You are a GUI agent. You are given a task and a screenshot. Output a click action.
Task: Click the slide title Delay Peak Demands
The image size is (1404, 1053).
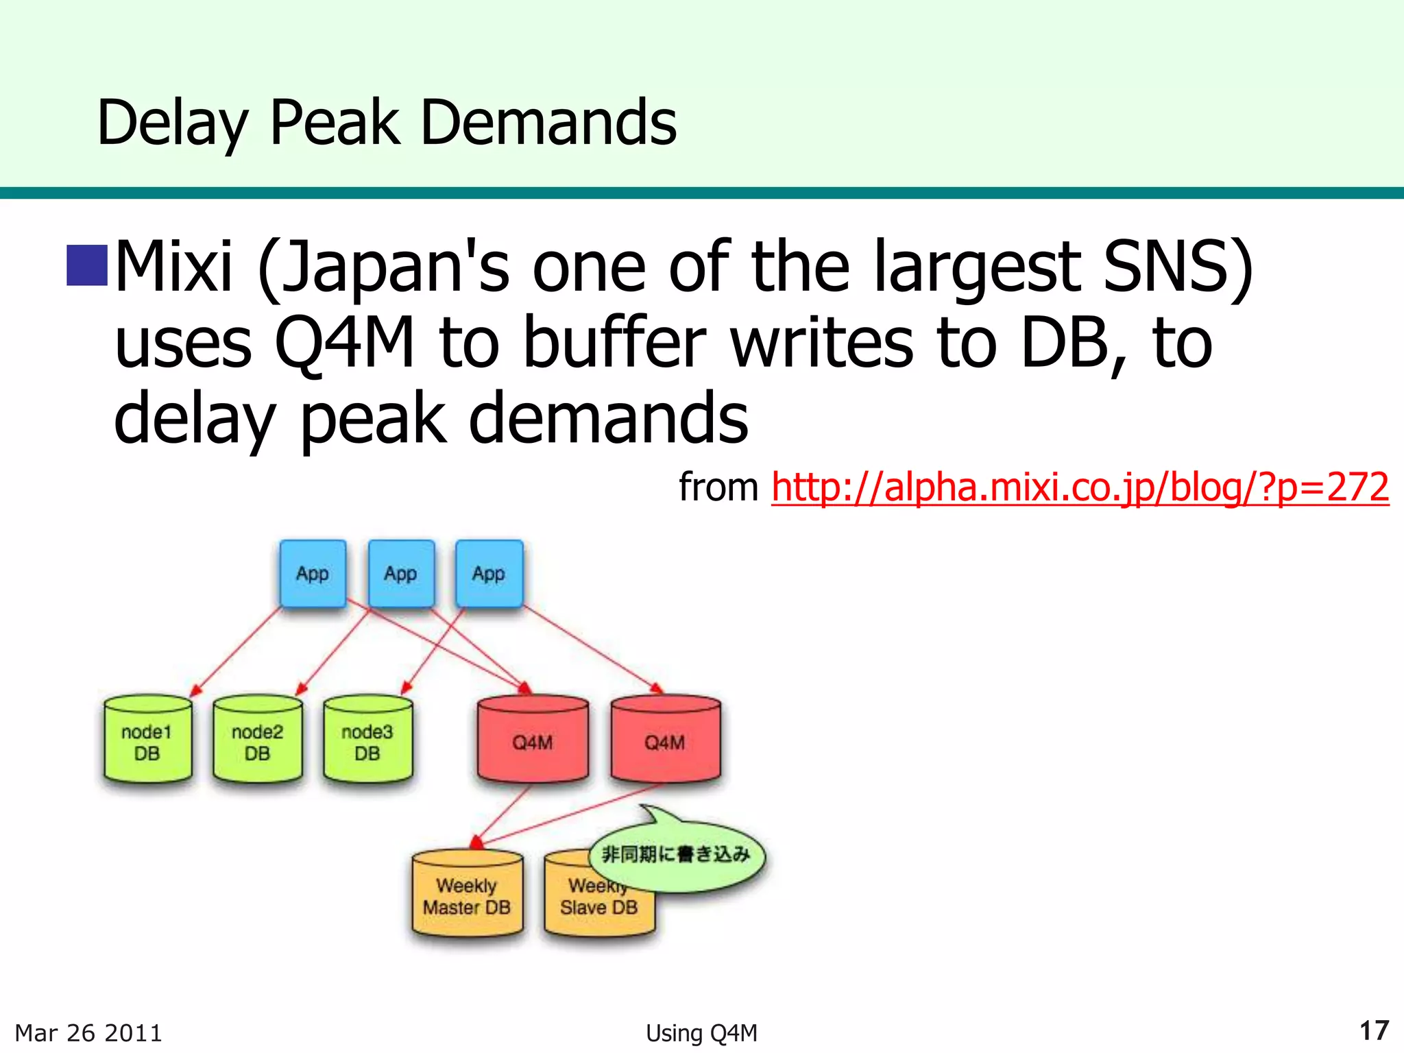(x=387, y=123)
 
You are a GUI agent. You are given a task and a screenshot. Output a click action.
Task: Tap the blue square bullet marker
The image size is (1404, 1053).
(x=87, y=265)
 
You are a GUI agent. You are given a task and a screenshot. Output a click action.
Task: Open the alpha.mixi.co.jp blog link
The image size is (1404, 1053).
(x=1080, y=487)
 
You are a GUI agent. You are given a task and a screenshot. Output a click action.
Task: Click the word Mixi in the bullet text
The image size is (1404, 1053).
(x=174, y=266)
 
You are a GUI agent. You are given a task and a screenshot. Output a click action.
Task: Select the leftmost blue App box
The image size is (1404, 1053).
(x=313, y=574)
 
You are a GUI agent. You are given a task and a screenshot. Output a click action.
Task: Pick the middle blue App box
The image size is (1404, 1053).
(x=401, y=574)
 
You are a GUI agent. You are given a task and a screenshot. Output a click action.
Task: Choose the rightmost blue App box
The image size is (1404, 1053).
(x=489, y=574)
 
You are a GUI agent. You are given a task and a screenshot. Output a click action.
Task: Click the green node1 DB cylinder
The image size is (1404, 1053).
(x=147, y=741)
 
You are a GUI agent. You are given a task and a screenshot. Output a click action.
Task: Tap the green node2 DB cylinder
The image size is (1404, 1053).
(x=258, y=741)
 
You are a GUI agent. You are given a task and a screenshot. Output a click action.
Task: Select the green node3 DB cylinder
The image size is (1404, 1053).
(x=367, y=741)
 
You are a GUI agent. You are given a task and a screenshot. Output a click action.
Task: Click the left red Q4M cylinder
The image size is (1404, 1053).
(x=533, y=741)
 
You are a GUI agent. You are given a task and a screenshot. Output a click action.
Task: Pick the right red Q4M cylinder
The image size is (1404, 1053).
(x=665, y=741)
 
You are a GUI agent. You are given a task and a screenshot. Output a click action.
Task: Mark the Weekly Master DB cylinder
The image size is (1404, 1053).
(x=467, y=895)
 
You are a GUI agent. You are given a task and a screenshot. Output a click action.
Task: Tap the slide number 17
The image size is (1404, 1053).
(x=1374, y=1030)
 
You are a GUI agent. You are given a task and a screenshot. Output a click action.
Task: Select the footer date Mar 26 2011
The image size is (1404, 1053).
(x=88, y=1032)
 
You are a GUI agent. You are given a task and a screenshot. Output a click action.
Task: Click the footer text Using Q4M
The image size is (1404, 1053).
(x=701, y=1032)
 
